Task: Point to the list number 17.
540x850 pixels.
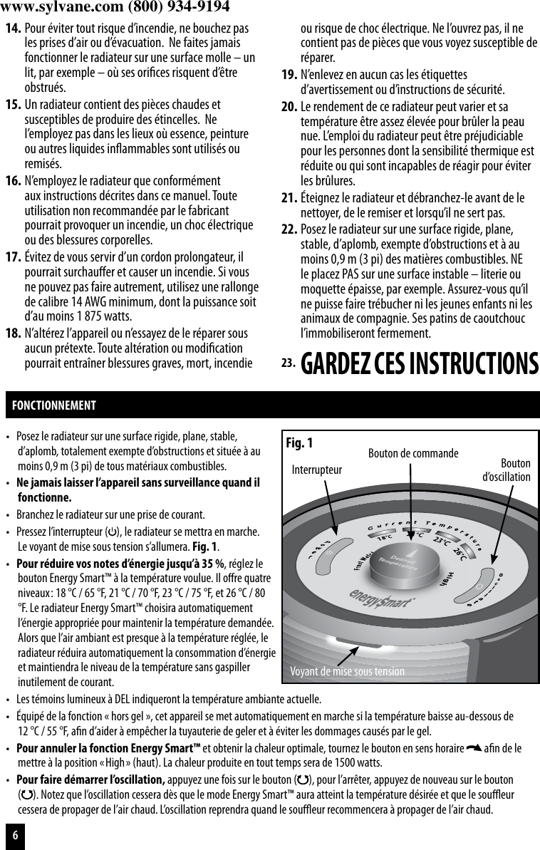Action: click(x=12, y=256)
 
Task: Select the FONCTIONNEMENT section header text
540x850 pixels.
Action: click(x=54, y=405)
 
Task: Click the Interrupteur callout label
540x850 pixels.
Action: click(x=318, y=470)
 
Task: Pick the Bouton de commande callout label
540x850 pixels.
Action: click(x=412, y=453)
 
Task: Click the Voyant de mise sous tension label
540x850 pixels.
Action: click(x=347, y=671)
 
